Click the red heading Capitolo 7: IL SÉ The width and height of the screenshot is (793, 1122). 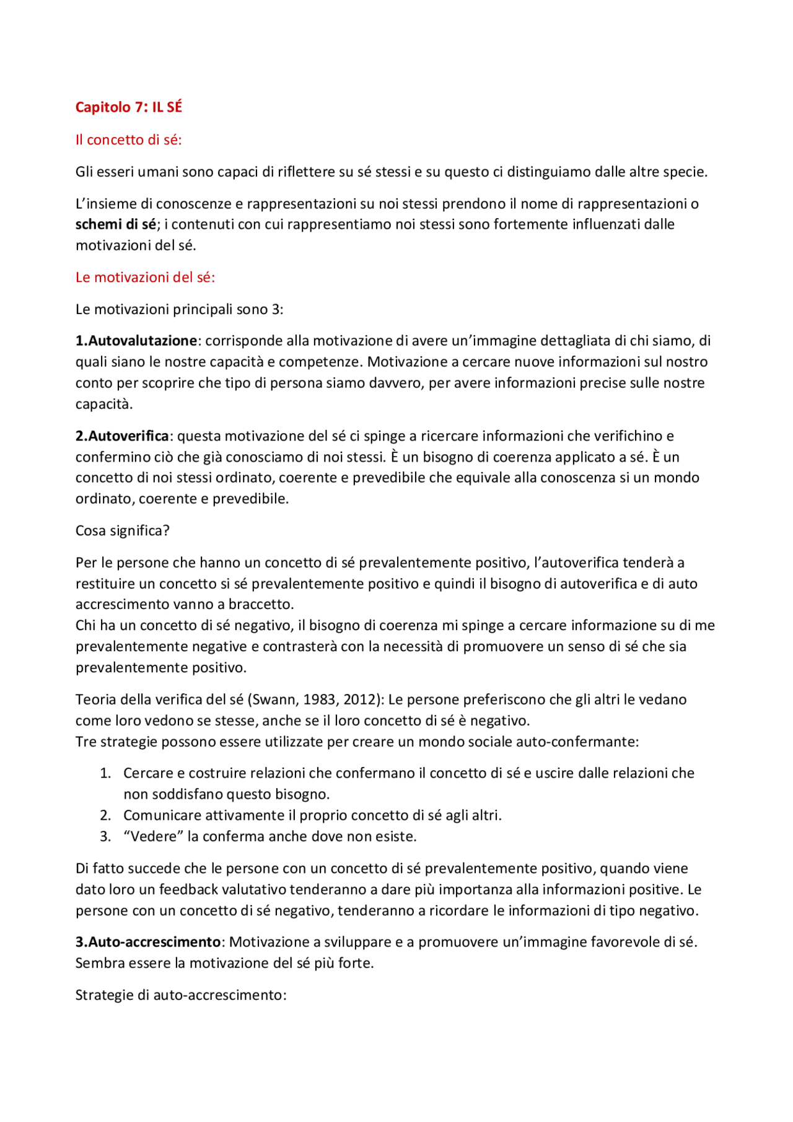tap(128, 107)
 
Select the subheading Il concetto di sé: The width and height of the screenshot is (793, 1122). tap(128, 140)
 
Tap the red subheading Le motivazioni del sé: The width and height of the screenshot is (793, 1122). tap(145, 278)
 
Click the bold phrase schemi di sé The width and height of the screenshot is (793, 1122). tap(115, 224)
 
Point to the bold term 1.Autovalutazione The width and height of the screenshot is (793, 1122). tap(136, 341)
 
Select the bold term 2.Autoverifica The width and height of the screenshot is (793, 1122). tap(122, 436)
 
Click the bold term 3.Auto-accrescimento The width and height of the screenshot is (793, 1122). tap(148, 942)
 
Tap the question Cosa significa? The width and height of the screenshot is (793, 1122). tap(122, 531)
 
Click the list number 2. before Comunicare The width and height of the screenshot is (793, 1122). tap(105, 816)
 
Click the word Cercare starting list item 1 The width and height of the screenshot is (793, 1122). tap(148, 774)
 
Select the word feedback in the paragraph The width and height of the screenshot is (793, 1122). tap(188, 890)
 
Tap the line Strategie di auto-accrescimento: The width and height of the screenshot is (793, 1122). tap(181, 996)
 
